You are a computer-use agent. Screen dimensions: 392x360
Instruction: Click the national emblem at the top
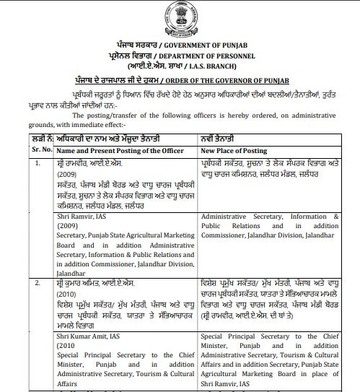pos(180,14)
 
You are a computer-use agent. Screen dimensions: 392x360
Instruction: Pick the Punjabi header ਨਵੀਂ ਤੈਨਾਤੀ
pos(220,137)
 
